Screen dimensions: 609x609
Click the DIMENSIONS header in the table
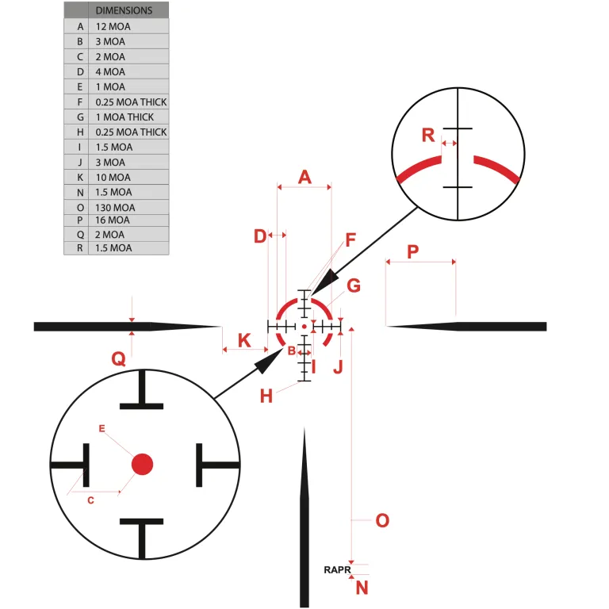pyautogui.click(x=124, y=11)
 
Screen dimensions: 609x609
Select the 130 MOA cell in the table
pyautogui.click(x=115, y=207)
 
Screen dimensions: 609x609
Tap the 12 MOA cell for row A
pyautogui.click(x=113, y=26)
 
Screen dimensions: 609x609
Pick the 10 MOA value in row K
pyautogui.click(x=113, y=177)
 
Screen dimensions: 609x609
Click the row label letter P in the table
pyautogui.click(x=79, y=220)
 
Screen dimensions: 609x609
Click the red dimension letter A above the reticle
pyautogui.click(x=304, y=178)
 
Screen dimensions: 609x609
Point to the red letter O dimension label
pyautogui.click(x=382, y=520)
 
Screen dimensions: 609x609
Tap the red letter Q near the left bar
pyautogui.click(x=118, y=359)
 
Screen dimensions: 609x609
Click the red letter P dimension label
pyautogui.click(x=413, y=251)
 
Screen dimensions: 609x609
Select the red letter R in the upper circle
pyautogui.click(x=428, y=136)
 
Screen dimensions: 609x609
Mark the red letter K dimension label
pyautogui.click(x=244, y=341)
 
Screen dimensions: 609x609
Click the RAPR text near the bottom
pyautogui.click(x=336, y=569)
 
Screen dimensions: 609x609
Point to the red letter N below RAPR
pyautogui.click(x=362, y=588)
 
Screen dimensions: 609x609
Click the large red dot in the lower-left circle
pyautogui.click(x=142, y=464)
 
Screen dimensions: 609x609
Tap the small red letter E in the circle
pyautogui.click(x=101, y=428)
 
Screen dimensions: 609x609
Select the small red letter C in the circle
pyautogui.click(x=90, y=500)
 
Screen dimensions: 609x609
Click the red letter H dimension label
pyautogui.click(x=266, y=396)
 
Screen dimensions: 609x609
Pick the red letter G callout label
pyautogui.click(x=354, y=285)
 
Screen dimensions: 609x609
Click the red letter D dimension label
pyautogui.click(x=259, y=236)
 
